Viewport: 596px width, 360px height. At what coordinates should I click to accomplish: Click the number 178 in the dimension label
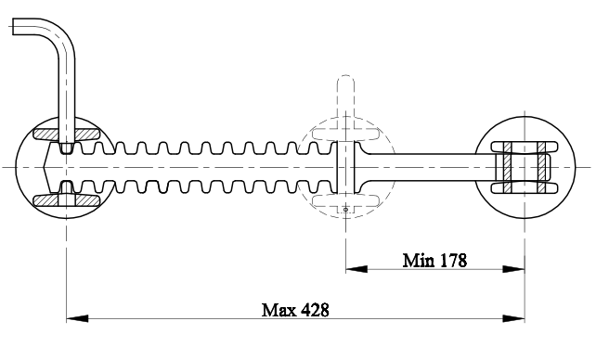click(x=453, y=261)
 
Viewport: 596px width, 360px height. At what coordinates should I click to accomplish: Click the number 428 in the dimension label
click(x=315, y=310)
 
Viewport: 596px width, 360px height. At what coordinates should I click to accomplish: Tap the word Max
click(x=279, y=310)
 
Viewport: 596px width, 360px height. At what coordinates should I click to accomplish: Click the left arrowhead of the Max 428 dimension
click(x=77, y=318)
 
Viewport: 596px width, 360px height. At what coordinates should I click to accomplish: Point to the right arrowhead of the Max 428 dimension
click(x=514, y=318)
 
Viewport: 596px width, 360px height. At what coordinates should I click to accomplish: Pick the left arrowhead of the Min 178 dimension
click(x=356, y=269)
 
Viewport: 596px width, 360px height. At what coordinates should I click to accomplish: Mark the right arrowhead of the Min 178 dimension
click(x=514, y=269)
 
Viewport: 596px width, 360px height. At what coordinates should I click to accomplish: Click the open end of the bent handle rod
click(x=13, y=27)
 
